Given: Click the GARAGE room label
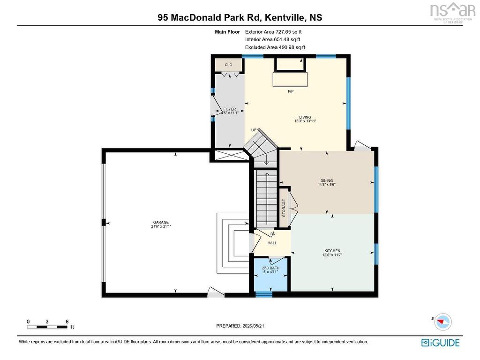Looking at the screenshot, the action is [x=161, y=222].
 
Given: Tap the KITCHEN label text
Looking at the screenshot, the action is [x=332, y=251].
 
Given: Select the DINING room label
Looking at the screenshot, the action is [x=327, y=180].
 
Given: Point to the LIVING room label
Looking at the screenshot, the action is [x=305, y=117].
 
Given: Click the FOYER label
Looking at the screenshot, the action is [x=230, y=109].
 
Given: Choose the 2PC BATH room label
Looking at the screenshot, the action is [x=270, y=268].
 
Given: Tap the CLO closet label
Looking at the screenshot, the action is [x=229, y=65].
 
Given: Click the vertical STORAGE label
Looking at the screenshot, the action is [x=284, y=208].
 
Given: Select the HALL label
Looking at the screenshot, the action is [x=272, y=243].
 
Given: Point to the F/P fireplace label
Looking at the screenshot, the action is [x=291, y=91].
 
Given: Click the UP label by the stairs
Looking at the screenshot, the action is [x=254, y=130].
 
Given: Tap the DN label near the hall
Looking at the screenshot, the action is [x=273, y=234].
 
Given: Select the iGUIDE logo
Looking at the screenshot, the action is [x=440, y=343].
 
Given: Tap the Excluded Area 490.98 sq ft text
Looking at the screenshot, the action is [x=275, y=47].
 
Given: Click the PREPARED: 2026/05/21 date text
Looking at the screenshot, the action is [x=240, y=326].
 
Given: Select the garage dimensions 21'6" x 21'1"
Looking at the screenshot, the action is [x=161, y=226].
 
